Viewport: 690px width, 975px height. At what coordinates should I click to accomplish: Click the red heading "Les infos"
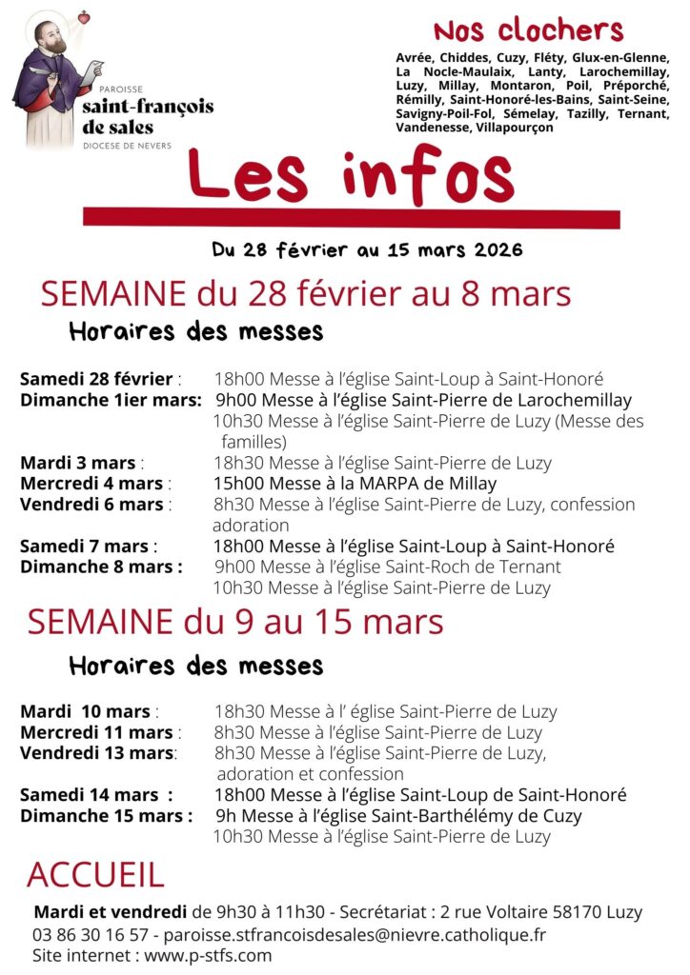point(351,178)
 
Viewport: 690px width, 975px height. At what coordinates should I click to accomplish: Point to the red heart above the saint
point(84,17)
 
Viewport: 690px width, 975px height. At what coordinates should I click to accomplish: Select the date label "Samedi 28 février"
point(96,379)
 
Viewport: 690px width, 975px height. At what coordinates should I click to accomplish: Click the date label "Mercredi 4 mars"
point(91,484)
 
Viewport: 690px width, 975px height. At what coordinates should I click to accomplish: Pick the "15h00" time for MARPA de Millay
point(234,484)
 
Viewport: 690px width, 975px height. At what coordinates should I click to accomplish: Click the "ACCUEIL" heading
point(95,874)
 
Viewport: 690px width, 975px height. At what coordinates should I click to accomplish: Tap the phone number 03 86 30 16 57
point(91,934)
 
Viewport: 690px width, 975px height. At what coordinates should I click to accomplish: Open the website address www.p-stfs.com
point(208,955)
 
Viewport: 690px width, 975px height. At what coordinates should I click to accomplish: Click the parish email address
point(369,934)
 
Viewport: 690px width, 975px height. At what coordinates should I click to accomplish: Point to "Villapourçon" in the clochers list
point(512,127)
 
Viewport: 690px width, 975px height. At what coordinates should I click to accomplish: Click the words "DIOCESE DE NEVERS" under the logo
point(127,146)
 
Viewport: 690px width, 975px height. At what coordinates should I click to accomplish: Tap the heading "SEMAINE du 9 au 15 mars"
point(234,623)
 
